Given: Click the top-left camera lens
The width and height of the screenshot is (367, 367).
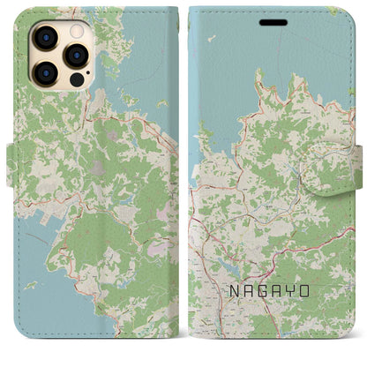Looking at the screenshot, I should click(x=44, y=38).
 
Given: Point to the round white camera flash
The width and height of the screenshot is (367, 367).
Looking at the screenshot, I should click(x=74, y=30).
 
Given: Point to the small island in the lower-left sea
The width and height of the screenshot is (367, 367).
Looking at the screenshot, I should click(x=31, y=286).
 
